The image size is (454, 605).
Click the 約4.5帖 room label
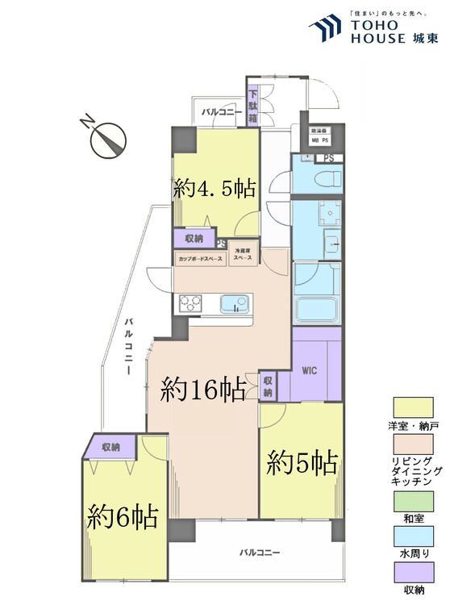[x=215, y=189]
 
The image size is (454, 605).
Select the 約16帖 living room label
[x=203, y=390]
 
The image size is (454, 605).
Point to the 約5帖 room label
[x=302, y=463]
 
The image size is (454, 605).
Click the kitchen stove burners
[x=190, y=303]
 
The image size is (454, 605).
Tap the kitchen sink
[x=235, y=304]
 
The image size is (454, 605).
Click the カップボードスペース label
[x=199, y=259]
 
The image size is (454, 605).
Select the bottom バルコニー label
[x=259, y=553]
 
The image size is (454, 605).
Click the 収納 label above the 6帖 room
[x=110, y=447]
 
